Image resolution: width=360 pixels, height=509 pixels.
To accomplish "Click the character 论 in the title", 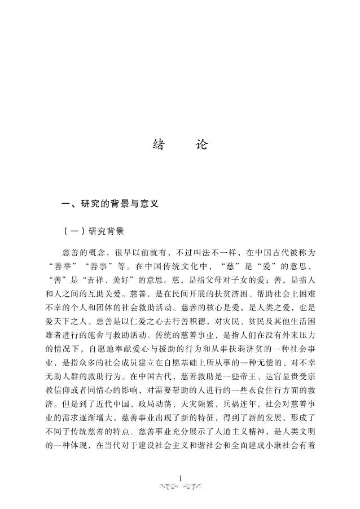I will pyautogui.click(x=201, y=145).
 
